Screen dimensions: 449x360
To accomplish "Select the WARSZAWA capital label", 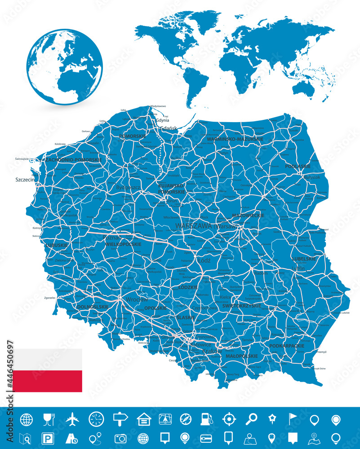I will pyautogui.click(x=194, y=226).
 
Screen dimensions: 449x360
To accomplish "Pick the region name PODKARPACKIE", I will pyautogui.click(x=287, y=346).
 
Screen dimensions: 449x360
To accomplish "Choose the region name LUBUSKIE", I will pyautogui.click(x=57, y=245).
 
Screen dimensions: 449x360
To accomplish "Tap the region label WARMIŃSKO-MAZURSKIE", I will pyautogui.click(x=235, y=139).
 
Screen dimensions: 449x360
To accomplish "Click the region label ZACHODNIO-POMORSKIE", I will pyautogui.click(x=73, y=159).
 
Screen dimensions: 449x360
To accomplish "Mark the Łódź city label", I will pyautogui.click(x=204, y=260).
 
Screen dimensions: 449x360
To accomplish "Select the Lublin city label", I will pyautogui.click(x=298, y=268).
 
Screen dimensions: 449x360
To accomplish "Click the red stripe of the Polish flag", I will pyautogui.click(x=47, y=381).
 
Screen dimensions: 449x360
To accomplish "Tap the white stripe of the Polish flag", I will pyautogui.click(x=47, y=360).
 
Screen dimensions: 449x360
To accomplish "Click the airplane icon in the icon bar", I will pyautogui.click(x=72, y=419).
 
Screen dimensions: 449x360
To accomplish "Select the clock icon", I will pyautogui.click(x=96, y=419).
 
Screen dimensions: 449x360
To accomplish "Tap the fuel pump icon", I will pyautogui.click(x=205, y=419).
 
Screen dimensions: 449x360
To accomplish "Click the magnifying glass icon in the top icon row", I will pyautogui.click(x=250, y=419).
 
